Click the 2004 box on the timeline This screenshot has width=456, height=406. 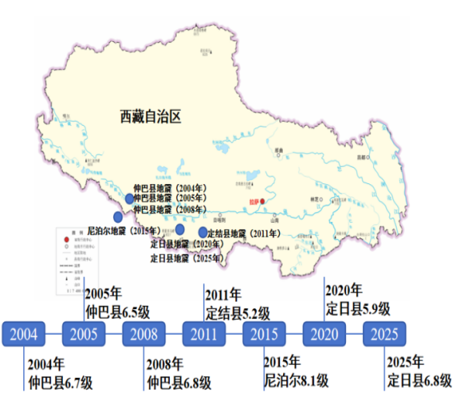click(23, 335)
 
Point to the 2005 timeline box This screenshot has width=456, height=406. click(84, 335)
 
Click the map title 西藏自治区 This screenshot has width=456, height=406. click(150, 117)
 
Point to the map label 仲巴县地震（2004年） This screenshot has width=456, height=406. click(170, 189)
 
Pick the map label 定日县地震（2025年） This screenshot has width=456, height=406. click(185, 258)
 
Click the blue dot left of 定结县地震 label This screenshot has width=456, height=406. click(203, 233)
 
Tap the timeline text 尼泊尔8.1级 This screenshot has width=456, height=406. click(296, 380)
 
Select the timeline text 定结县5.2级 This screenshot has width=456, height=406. click(237, 313)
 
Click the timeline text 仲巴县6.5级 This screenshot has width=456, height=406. click(117, 313)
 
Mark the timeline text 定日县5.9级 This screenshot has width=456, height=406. click(358, 308)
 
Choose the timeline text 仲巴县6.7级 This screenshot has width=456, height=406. click(60, 381)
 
